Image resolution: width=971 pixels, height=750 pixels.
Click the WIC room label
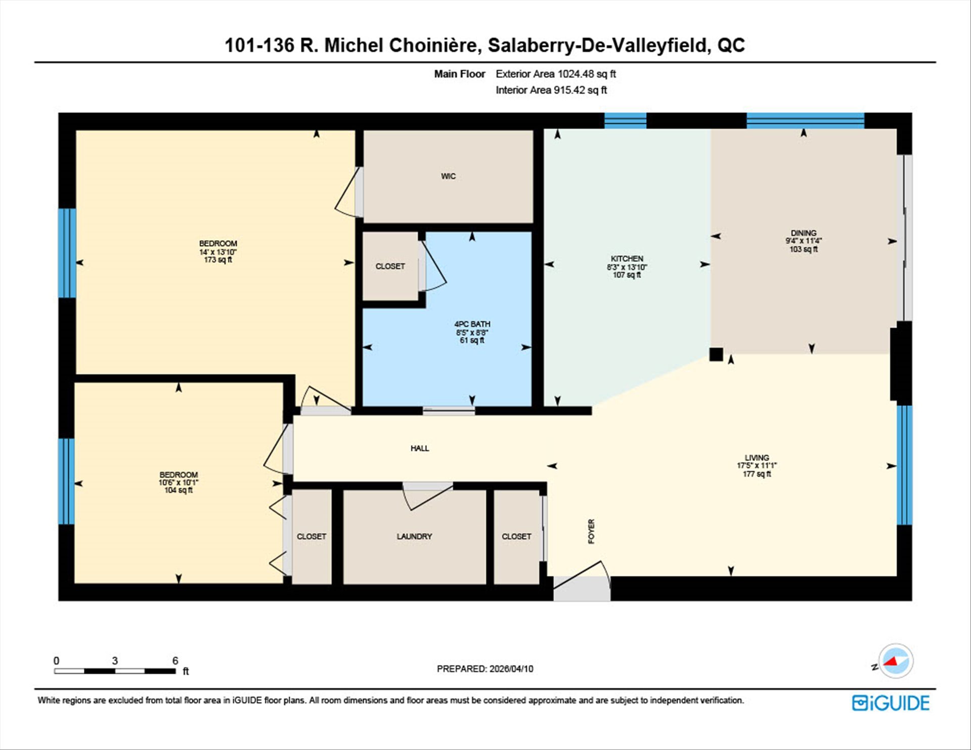tap(448, 176)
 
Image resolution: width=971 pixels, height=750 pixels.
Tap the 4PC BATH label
tap(472, 324)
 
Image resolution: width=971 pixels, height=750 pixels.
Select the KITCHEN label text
tap(627, 258)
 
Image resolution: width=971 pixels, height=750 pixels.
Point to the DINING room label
tap(804, 233)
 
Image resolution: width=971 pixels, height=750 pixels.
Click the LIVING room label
tap(757, 458)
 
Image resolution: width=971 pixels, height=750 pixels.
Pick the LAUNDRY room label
tap(414, 536)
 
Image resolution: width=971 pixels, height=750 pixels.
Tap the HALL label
tap(420, 448)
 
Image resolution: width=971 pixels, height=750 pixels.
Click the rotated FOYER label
tap(591, 532)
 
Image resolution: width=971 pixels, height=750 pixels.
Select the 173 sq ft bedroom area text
tap(218, 260)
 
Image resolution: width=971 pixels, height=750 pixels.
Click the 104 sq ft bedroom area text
tap(179, 490)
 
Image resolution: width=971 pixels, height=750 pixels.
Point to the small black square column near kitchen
tap(716, 354)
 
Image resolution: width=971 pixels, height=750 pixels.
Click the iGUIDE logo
tap(891, 703)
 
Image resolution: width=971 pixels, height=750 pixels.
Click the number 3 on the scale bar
tap(115, 660)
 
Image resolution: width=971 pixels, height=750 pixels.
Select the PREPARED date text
tap(485, 669)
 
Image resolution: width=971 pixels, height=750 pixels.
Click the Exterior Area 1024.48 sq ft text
tap(556, 74)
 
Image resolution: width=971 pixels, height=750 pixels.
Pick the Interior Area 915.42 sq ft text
tap(551, 90)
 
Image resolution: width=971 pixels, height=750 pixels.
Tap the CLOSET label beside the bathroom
tap(390, 266)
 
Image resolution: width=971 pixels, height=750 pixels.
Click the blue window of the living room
tap(905, 465)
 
